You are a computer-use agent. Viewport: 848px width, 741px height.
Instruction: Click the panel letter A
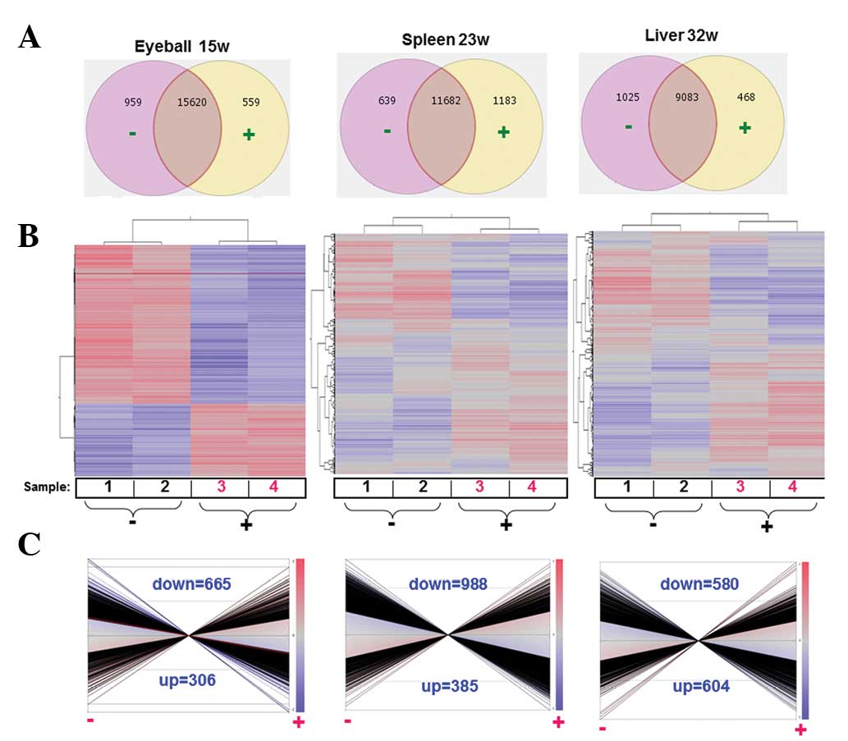click(30, 37)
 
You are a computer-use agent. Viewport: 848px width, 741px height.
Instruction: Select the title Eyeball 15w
click(181, 46)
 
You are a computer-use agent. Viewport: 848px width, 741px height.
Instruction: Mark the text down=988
click(448, 584)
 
